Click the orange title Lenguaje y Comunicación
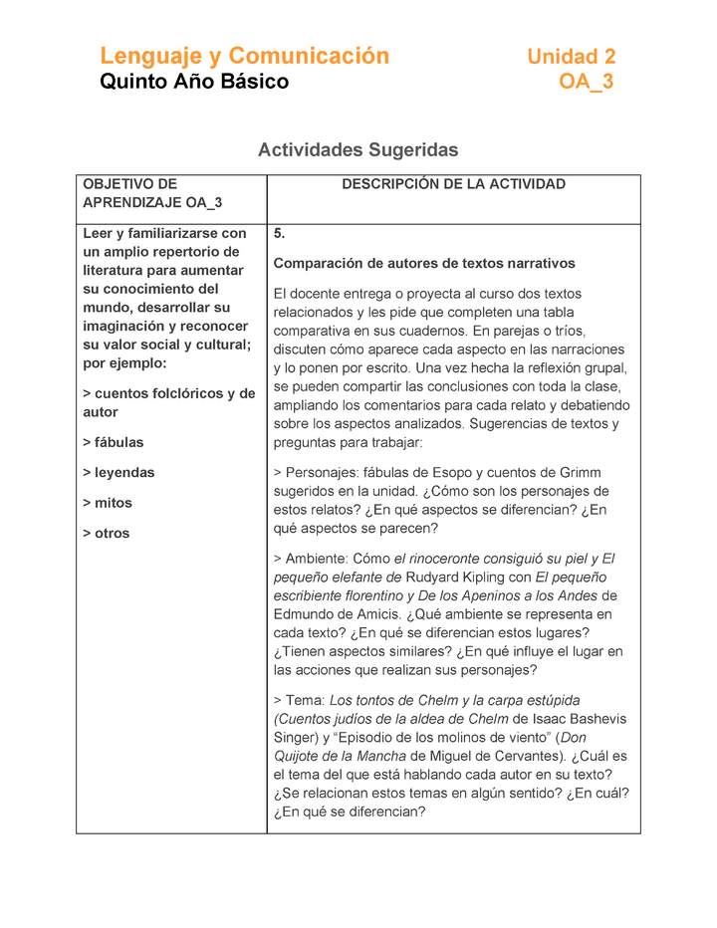244,56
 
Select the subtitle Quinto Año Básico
194,82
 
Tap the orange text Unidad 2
571,57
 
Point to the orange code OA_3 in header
586,83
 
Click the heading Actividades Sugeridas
358,150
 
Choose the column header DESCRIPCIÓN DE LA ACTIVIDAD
453,184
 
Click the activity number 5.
280,234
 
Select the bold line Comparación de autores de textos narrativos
424,264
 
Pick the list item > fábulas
114,442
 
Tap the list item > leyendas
119,473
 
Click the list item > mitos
108,503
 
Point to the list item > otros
107,534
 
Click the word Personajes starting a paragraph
321,473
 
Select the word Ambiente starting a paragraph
319,560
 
